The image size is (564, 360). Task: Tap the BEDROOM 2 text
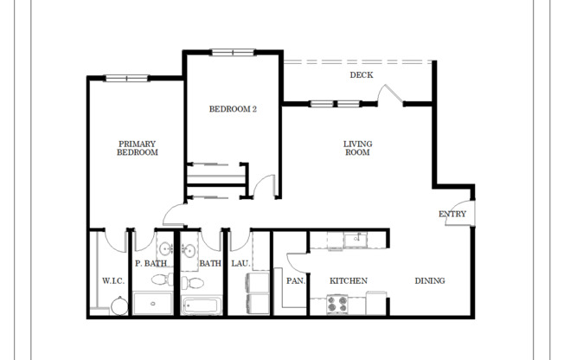point(233,109)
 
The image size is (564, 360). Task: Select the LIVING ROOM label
point(356,147)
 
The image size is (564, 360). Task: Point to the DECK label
point(361,75)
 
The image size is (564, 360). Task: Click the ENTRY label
point(452,214)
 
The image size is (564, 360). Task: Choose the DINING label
point(429,280)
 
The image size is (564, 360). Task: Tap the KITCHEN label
point(349,280)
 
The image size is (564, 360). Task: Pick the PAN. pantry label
point(293,280)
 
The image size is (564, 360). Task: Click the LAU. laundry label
point(240,264)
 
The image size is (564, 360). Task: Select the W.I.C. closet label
point(113,280)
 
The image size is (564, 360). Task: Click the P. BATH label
point(150,264)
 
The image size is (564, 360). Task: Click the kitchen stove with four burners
point(336,305)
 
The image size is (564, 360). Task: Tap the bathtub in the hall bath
point(202,305)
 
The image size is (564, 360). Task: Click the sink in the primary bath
point(165,250)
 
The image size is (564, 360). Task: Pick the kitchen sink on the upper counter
point(355,240)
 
